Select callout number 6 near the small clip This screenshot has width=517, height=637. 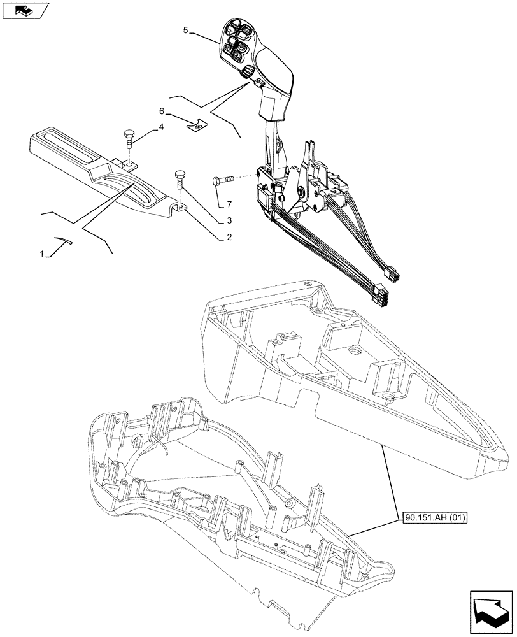pyautogui.click(x=163, y=111)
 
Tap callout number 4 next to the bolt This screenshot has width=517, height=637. pyautogui.click(x=160, y=127)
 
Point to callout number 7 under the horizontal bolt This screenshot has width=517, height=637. pyautogui.click(x=222, y=205)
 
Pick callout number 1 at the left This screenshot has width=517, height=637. pyautogui.click(x=42, y=254)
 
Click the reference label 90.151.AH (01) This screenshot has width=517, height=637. pyautogui.click(x=435, y=518)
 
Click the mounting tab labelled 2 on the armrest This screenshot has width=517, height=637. pyautogui.click(x=180, y=207)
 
